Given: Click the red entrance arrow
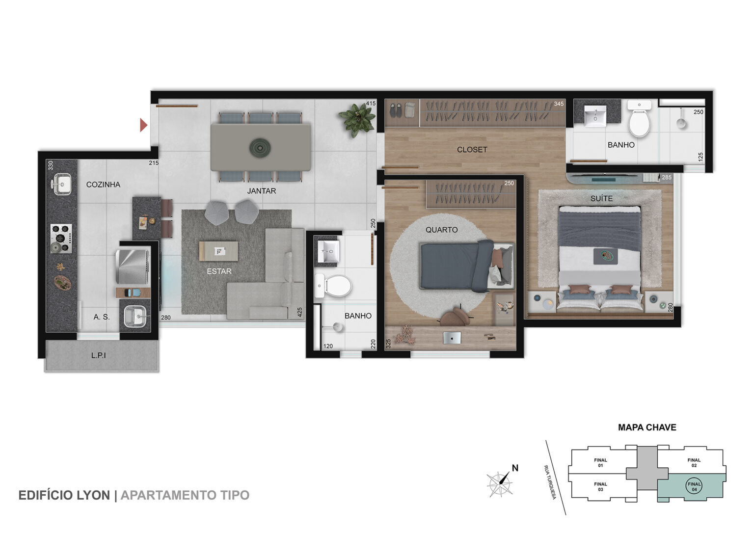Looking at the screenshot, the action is pos(143,125).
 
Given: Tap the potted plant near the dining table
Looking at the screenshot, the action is pos(357,119).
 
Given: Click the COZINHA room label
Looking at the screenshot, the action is pos(103,185).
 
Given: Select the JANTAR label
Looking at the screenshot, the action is pos(262,191).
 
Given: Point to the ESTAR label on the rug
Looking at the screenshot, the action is pos(219,271).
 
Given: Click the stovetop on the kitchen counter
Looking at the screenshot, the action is pos(61,239).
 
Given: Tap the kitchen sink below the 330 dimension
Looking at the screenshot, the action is pos(61,184).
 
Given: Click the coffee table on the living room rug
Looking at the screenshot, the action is pos(218,251).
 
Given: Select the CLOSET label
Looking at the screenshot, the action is pos(472,150).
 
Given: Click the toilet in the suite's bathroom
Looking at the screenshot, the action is pos(639,119).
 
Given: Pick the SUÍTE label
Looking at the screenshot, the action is pos(601,199).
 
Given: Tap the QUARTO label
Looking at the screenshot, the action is pos(442,230).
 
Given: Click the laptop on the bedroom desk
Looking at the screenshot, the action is pos(452,338).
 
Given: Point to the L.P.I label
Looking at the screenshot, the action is pos(98,355).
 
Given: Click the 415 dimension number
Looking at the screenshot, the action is pos(371,103).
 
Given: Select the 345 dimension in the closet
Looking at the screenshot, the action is pos(559,104).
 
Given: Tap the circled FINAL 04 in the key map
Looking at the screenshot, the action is pos(694,486).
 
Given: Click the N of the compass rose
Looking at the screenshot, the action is pos(515,468).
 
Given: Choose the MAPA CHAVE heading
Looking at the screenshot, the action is pos(647,427).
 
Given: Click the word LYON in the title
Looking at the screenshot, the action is pos(94,495).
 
